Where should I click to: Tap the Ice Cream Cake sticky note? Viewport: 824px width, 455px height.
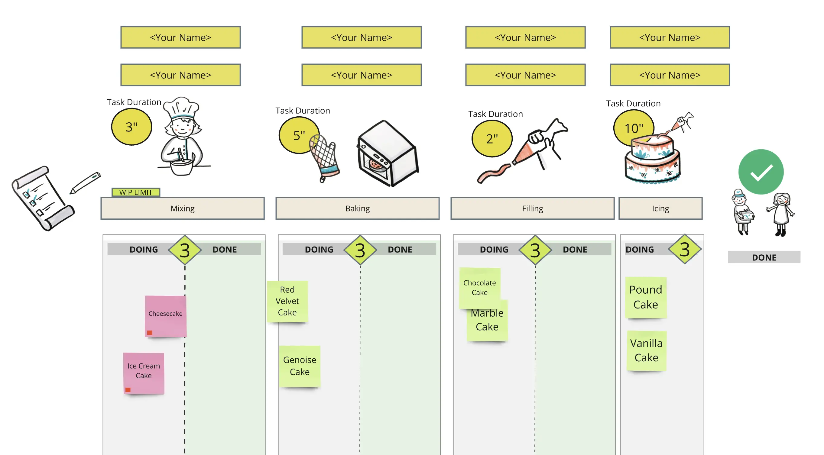click(x=144, y=373)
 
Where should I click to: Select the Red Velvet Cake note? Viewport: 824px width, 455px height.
click(x=287, y=301)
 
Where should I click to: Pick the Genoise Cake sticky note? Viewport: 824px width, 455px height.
click(x=300, y=366)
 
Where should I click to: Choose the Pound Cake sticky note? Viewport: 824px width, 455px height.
click(x=646, y=297)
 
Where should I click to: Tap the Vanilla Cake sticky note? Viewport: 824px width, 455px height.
click(x=646, y=350)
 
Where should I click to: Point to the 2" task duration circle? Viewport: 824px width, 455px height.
click(x=491, y=138)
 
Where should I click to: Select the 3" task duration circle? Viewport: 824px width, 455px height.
click(x=131, y=127)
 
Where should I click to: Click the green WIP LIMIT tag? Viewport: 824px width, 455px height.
click(x=136, y=192)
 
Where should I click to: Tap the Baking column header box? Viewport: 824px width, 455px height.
click(x=357, y=208)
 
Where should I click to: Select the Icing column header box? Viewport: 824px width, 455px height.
click(x=660, y=208)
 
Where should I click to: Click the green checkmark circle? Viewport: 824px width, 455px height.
click(x=761, y=172)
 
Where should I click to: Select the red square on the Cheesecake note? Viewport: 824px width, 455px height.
click(x=150, y=333)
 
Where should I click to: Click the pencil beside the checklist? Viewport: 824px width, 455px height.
click(x=85, y=182)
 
